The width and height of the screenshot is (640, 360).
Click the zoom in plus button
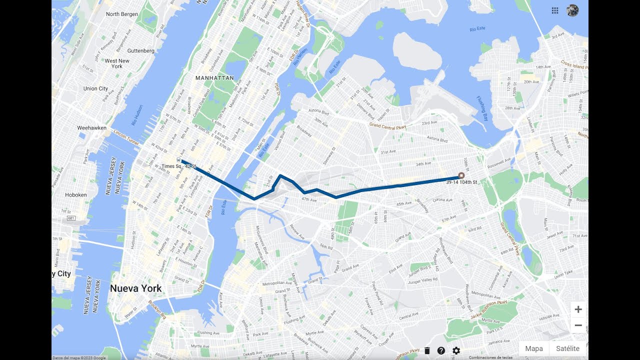click(x=578, y=309)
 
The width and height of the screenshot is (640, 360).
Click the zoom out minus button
click(x=578, y=325)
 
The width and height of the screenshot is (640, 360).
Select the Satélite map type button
click(x=567, y=348)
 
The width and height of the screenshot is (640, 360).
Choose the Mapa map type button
click(x=534, y=348)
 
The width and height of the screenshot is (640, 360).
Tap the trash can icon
click(x=427, y=351)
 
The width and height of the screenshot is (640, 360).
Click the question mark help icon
click(x=441, y=351)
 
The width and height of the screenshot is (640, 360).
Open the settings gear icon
click(x=456, y=351)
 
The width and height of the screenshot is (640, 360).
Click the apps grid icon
click(x=555, y=10)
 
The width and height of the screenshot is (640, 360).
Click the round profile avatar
click(x=572, y=10)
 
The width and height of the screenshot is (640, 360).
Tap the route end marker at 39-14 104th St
click(x=461, y=175)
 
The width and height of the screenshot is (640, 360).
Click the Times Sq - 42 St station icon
click(x=178, y=159)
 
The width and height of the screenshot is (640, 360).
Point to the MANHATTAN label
click(x=214, y=78)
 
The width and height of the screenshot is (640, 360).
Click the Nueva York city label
click(x=136, y=288)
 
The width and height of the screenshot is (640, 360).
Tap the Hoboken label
click(x=76, y=195)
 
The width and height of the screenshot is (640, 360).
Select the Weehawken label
click(x=91, y=128)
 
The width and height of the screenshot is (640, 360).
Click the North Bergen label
click(x=122, y=14)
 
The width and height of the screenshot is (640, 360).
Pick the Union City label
click(x=95, y=88)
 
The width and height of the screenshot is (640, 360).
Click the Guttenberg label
click(x=141, y=51)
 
